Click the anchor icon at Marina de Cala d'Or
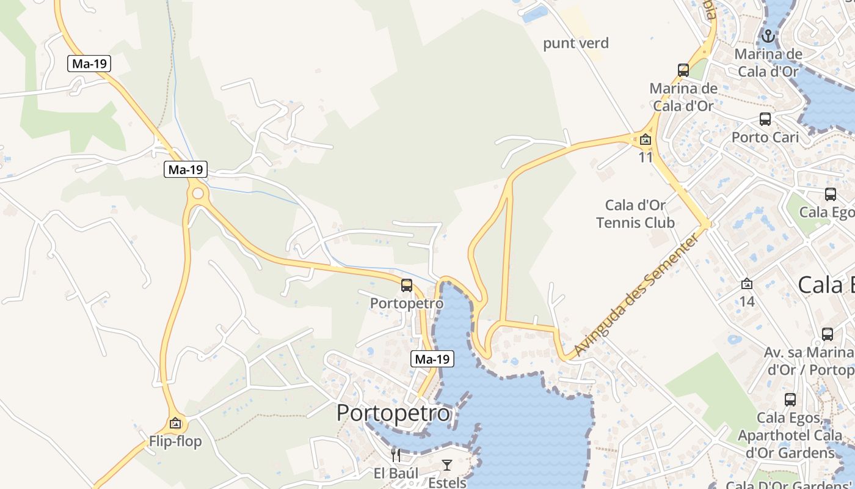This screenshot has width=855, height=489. click(768, 36)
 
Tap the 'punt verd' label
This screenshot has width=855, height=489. click(576, 43)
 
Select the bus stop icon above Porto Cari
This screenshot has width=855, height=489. click(765, 119)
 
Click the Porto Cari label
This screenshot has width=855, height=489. click(765, 137)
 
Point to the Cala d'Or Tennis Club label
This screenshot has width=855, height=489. click(635, 213)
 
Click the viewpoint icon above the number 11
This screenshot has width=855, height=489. click(646, 140)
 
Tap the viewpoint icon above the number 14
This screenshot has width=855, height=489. click(747, 284)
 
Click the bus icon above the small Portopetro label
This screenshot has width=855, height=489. click(407, 285)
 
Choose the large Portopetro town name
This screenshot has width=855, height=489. click(393, 413)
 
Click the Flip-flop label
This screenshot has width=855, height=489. click(175, 441)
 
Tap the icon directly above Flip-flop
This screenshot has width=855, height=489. click(175, 422)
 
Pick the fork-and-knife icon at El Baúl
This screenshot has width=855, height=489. click(396, 455)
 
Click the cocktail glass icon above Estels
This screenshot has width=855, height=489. click(447, 465)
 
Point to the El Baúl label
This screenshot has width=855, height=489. click(396, 473)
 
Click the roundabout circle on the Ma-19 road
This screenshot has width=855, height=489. click(197, 194)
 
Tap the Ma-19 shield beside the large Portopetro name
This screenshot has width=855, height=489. click(432, 359)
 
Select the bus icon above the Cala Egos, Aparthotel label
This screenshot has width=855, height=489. click(790, 400)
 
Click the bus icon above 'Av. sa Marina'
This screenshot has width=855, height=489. click(828, 334)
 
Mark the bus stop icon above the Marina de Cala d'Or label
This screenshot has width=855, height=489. click(683, 70)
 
